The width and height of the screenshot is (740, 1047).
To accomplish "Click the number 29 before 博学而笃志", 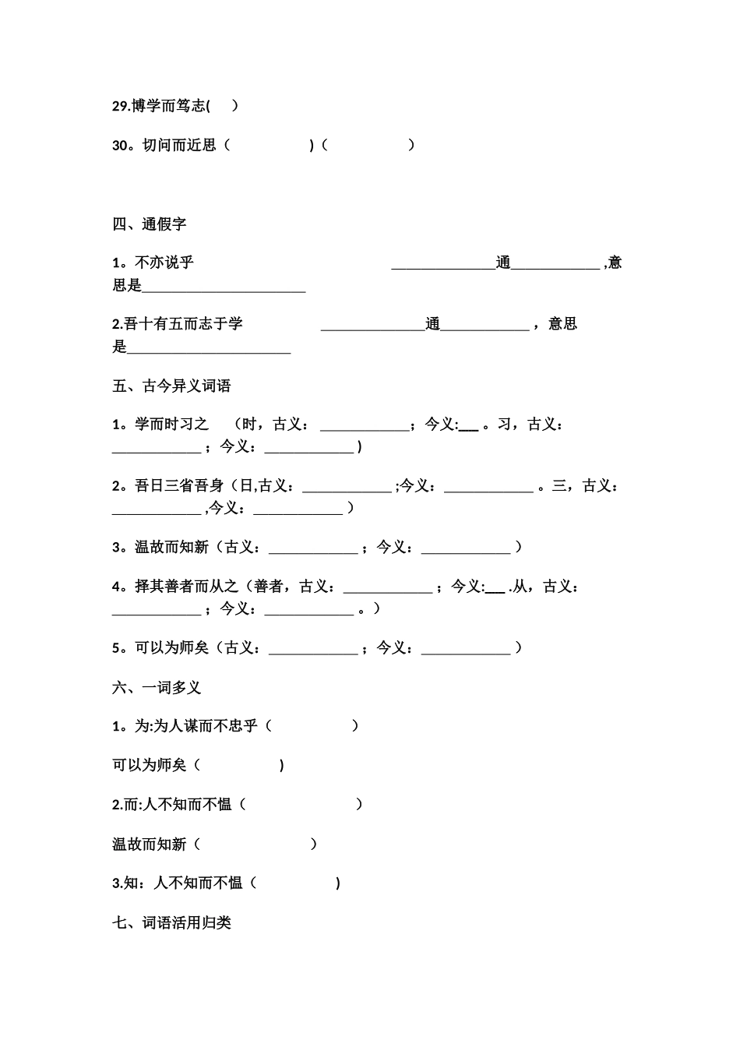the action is point(121,106).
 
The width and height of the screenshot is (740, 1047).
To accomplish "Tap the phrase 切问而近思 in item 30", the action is point(179,145).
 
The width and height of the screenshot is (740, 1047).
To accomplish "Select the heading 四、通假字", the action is point(150,224).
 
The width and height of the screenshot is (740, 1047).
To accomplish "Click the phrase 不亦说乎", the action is point(164,263).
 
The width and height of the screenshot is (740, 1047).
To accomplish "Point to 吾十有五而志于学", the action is point(184,324).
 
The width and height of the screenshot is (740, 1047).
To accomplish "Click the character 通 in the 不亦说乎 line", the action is point(503,263).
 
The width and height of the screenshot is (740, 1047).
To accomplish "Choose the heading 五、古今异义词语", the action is point(171,386).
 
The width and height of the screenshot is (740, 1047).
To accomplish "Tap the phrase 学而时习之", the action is point(171,425).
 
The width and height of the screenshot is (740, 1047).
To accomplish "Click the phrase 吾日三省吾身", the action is point(179,486).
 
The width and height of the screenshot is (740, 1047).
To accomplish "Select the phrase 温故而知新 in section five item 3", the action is point(171,548).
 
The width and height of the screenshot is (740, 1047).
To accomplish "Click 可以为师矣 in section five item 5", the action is point(171,648).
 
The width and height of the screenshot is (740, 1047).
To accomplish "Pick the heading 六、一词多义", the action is point(157,687).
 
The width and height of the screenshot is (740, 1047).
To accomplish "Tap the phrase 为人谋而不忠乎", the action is point(206,726).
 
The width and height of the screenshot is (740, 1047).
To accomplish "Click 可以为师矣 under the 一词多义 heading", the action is point(150,766).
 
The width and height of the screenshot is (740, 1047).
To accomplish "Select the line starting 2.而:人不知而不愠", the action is point(172,805).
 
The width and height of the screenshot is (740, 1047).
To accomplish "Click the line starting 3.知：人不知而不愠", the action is point(178,883).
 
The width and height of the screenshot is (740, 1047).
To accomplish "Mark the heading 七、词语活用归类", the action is point(171,923).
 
